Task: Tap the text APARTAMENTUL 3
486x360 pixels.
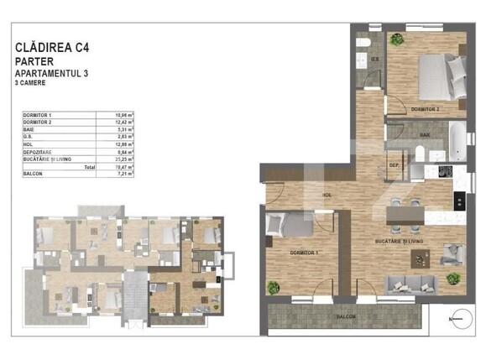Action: tap(53, 74)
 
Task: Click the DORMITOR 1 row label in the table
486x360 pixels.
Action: tap(39, 114)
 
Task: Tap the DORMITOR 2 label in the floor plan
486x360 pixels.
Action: tap(426, 109)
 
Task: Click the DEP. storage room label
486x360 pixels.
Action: tap(393, 165)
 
